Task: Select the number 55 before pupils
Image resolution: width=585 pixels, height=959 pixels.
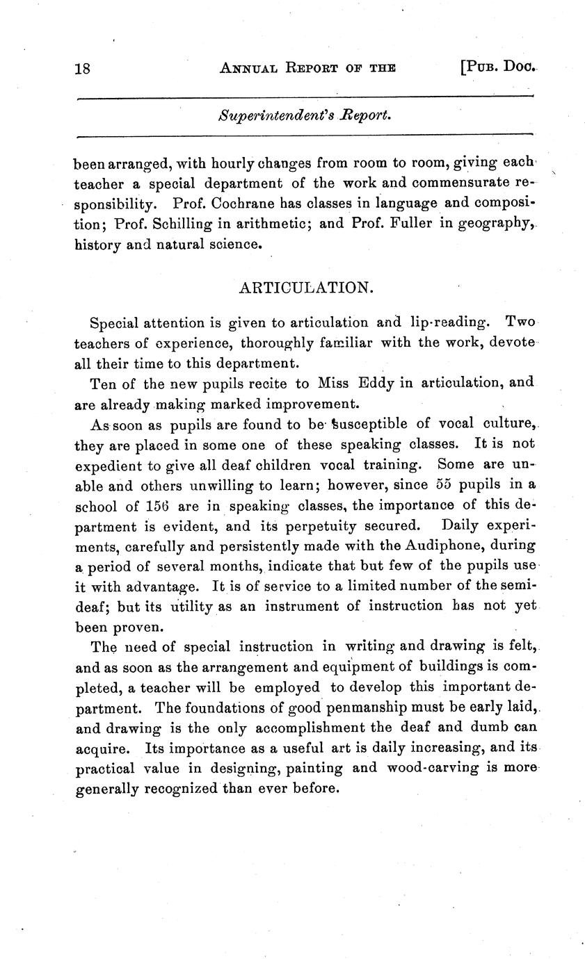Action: [424, 484]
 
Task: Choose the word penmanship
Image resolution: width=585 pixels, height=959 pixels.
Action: [374, 707]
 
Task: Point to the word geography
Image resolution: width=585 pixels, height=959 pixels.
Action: [495, 224]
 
